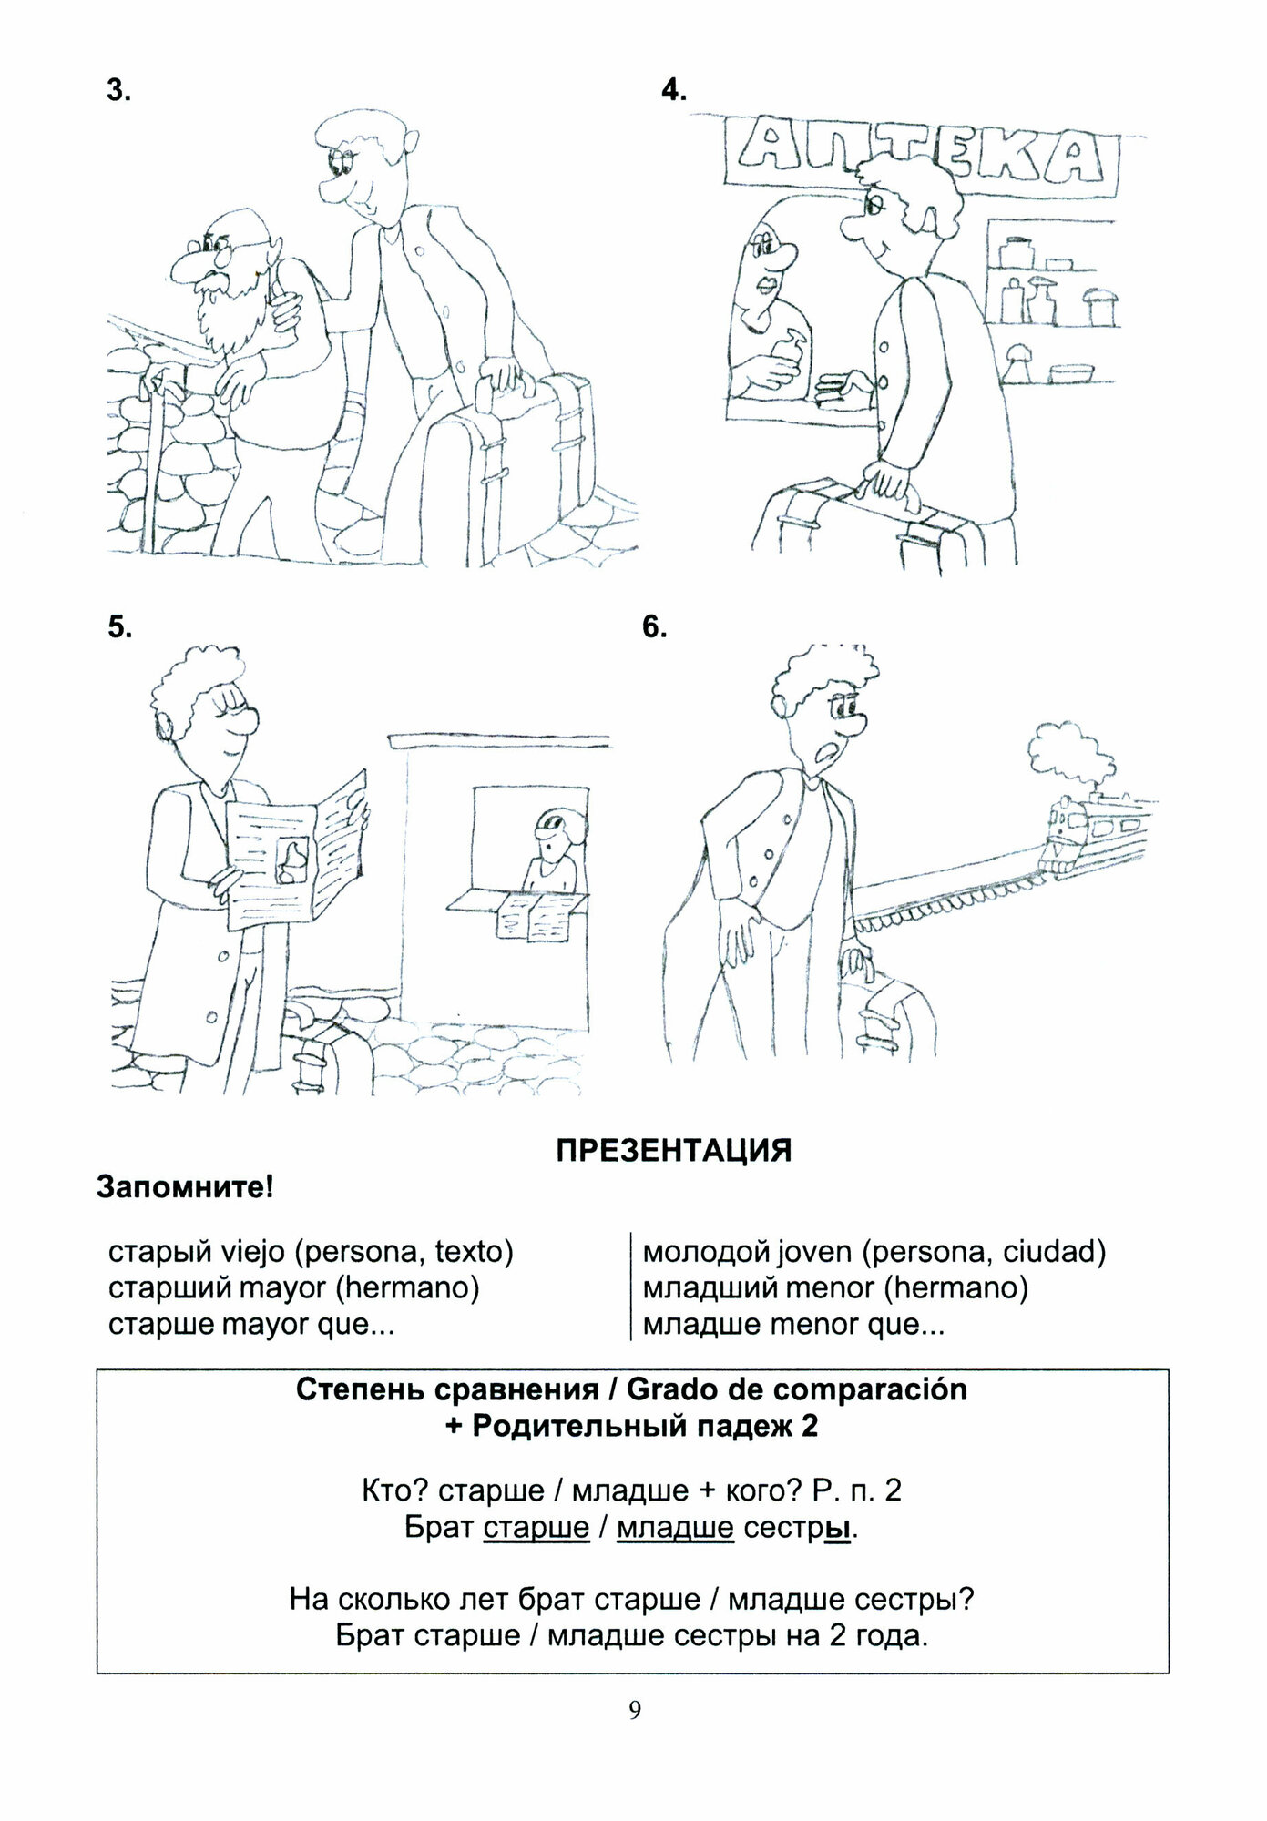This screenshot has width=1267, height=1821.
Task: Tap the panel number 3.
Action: [118, 91]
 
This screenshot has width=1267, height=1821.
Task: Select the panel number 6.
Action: [654, 627]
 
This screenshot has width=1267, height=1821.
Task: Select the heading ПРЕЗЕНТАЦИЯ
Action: [674, 1151]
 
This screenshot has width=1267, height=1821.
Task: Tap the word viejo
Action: [252, 1253]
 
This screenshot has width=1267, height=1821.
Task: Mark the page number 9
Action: [635, 1735]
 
